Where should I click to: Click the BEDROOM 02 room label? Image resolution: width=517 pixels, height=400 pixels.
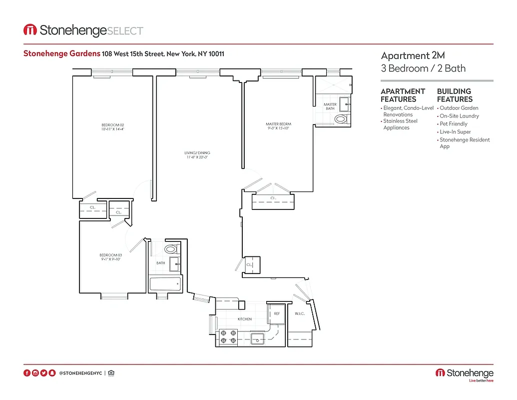(112, 127)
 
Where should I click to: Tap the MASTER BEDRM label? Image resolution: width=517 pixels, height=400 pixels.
(278, 126)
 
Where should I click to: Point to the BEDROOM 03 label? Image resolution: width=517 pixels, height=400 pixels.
(110, 257)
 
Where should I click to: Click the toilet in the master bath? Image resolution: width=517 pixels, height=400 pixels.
(341, 119)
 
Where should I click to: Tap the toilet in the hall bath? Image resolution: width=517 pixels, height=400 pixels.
(171, 248)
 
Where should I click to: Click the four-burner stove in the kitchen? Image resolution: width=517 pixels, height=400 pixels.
(228, 336)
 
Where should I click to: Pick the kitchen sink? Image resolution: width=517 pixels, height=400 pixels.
(258, 338)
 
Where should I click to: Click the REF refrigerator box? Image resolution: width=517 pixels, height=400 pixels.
(276, 314)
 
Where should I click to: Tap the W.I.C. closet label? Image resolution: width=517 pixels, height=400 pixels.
(300, 314)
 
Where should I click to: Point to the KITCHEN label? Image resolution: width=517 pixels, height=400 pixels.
(244, 319)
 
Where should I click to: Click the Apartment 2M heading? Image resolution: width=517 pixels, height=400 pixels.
(406, 55)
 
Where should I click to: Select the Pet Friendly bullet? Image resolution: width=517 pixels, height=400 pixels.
(453, 124)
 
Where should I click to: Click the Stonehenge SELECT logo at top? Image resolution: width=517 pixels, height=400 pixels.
(83, 30)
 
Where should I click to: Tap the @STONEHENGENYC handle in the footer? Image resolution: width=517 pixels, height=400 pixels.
(80, 373)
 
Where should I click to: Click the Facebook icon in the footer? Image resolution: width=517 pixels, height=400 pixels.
(27, 373)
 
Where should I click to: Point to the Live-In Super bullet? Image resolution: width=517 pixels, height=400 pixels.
(455, 132)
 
